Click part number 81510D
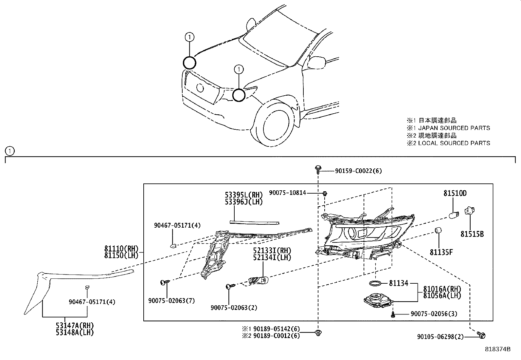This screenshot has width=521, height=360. tap(455, 194)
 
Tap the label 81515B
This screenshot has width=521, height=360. tap(472, 234)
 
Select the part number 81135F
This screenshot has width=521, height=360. tap(441, 252)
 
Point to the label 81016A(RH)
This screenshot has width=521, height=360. tap(442, 289)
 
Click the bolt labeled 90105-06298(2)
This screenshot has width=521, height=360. tap(481, 335)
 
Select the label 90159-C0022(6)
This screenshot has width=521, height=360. tap(358, 171)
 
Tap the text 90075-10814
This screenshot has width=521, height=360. tap(287, 193)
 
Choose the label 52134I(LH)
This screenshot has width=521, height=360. tap(272, 257)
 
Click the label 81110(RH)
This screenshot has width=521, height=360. tap(121, 249)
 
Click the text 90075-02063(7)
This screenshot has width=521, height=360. tap(171, 301)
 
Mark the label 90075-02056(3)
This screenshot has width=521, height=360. tap(434, 314)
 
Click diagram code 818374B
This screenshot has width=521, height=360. tap(497, 349)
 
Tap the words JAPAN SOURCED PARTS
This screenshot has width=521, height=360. tap(454, 128)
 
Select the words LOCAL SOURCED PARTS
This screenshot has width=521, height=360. tap(454, 143)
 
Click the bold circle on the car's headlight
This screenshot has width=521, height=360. tap(239, 95)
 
